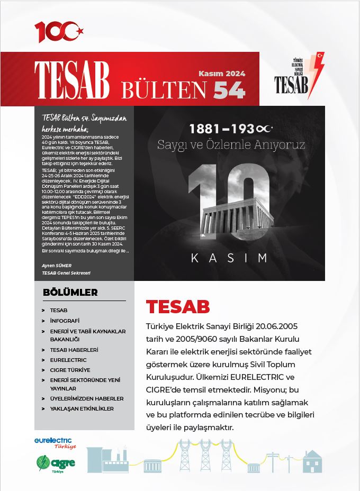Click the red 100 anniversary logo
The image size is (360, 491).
pyautogui.click(x=59, y=32)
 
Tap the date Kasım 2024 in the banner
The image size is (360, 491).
pyautogui.click(x=222, y=74)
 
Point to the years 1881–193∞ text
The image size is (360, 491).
pyautogui.click(x=233, y=129)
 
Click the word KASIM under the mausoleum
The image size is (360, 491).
pyautogui.click(x=229, y=258)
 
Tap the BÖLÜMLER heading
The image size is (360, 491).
pyautogui.click(x=70, y=292)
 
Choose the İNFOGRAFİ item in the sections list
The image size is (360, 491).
pyautogui.click(x=65, y=321)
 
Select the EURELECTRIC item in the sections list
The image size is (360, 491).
pyautogui.click(x=68, y=360)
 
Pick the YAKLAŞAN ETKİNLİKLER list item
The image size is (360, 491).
pyautogui.click(x=82, y=408)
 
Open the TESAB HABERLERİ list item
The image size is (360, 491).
pyautogui.click(x=74, y=350)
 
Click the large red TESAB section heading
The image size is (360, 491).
pyautogui.click(x=178, y=307)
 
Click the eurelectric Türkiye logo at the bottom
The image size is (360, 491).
pyautogui.click(x=55, y=443)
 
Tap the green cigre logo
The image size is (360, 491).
pyautogui.click(x=56, y=463)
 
